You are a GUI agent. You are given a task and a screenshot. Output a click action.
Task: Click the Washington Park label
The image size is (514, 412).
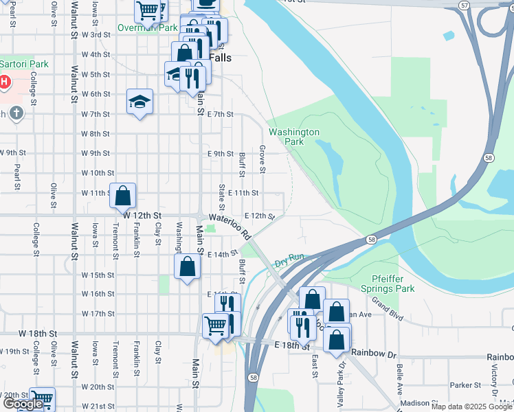pos(294,137)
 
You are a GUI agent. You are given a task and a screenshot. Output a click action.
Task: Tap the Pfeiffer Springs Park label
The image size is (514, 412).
pos(388,284)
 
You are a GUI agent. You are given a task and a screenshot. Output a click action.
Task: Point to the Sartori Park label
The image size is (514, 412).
pos(23,64)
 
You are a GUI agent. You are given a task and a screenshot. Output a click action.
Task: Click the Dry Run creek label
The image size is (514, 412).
pos(289,262)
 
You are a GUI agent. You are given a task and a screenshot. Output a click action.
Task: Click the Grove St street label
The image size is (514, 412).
pos(262,159)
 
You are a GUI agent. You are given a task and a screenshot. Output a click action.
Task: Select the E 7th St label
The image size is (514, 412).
pos(220,114)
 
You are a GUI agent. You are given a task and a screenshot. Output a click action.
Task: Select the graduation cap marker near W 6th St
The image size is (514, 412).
pos(139,102)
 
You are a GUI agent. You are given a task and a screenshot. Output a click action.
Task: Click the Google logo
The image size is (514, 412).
pos(23,404)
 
